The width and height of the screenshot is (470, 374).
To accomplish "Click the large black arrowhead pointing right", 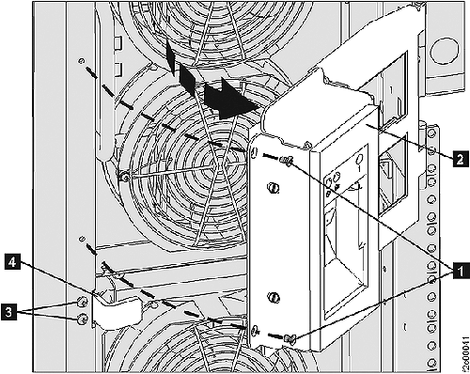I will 235,96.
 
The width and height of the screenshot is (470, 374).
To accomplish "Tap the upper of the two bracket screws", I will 82,302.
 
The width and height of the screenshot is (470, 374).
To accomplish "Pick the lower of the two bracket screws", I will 82,320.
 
